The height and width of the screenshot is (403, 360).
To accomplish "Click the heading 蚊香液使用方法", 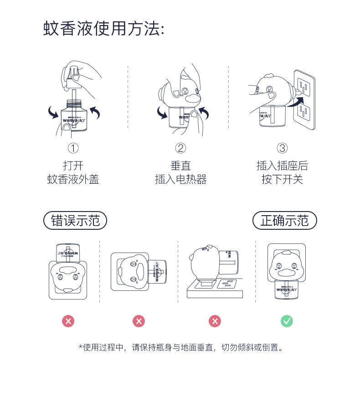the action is point(103,29).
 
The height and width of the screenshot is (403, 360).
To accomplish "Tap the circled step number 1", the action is point(73,148).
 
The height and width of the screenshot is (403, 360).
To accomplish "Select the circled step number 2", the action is point(181,148).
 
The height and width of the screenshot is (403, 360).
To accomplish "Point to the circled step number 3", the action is point(282,148).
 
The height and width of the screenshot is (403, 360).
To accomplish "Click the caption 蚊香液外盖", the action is point(73,180).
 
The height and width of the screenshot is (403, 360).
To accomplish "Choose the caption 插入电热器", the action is point(181,180).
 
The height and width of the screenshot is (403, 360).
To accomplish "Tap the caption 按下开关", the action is point(282,180).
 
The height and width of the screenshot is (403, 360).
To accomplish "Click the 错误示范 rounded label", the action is point(75,221).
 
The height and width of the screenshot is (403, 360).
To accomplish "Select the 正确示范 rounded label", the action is point(284,221).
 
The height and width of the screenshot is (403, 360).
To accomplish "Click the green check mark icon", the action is point(287,321).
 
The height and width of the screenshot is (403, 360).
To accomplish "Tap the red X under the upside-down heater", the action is point(68,321).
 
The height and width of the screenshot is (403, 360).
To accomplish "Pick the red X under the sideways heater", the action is point(139,321).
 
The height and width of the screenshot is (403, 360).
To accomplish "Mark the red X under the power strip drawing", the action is point(215,321).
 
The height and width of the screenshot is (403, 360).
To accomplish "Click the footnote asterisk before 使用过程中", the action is point(80,347).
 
